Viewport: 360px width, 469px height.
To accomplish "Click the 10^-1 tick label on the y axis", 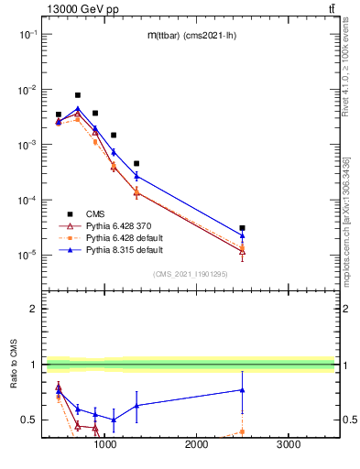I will pos(28,34).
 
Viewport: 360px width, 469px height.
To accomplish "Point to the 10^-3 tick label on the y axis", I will pos(28,145).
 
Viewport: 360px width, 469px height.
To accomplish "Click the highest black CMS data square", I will pos(78,95).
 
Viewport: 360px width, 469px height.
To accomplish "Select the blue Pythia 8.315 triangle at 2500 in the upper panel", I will pos(242,235).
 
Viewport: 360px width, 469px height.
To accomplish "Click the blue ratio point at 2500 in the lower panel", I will pos(242,390).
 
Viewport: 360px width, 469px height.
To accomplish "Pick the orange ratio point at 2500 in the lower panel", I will pos(242,431).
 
